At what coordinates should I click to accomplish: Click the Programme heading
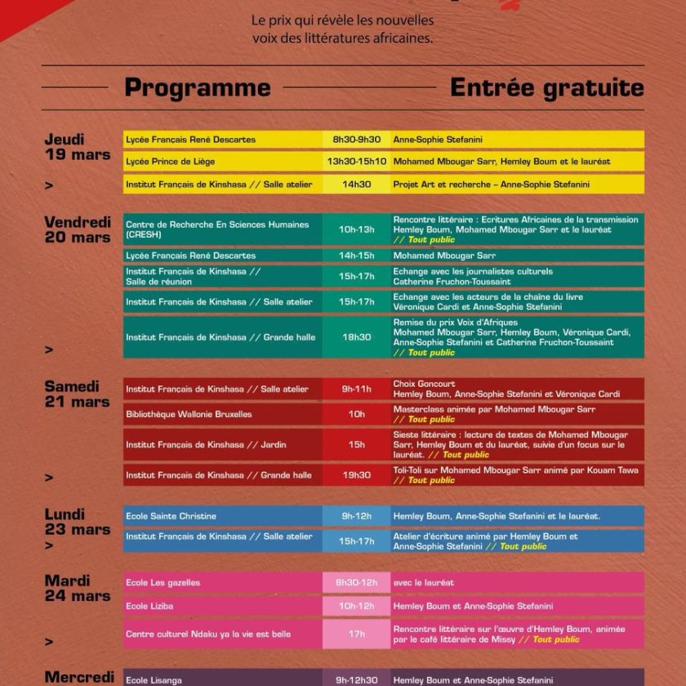(x=197, y=87)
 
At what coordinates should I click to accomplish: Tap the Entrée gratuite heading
(x=546, y=87)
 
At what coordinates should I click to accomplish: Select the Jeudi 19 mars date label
(x=77, y=147)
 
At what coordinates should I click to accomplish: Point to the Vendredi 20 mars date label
(x=77, y=229)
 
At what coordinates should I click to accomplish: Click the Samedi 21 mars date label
(x=77, y=394)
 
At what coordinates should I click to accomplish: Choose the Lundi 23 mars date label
(x=77, y=521)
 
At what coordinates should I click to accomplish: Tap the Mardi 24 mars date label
(x=77, y=588)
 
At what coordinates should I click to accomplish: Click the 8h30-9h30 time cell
(x=356, y=140)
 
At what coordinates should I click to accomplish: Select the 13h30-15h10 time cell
(x=356, y=162)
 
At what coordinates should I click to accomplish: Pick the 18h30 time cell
(x=356, y=337)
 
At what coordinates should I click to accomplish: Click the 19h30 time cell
(x=356, y=474)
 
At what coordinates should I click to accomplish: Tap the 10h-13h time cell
(x=356, y=229)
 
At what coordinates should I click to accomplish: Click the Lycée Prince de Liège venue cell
(x=222, y=162)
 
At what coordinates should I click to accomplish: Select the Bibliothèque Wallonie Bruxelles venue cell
(x=222, y=414)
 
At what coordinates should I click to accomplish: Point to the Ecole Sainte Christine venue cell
(x=222, y=516)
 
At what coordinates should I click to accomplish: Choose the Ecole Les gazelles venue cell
(x=222, y=582)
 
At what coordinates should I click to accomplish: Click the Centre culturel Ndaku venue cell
(x=222, y=634)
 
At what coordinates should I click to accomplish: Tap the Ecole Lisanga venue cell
(x=222, y=679)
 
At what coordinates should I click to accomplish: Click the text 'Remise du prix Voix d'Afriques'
(x=456, y=323)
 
